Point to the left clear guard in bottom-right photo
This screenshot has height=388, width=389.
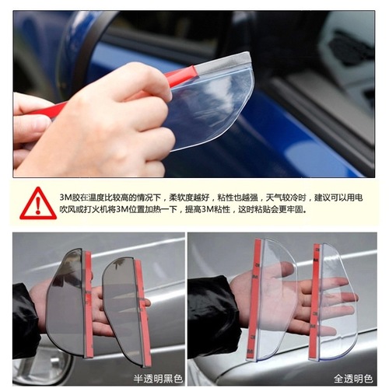point(272,295)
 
